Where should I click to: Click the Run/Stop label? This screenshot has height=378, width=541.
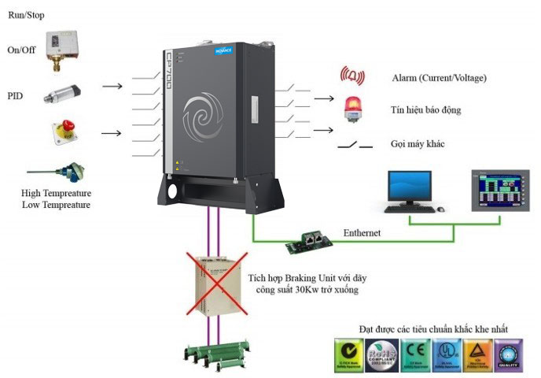[x=27, y=13]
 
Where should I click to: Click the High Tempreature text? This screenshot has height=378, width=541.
[x=57, y=193]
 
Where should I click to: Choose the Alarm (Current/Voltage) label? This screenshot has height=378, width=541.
[x=439, y=78]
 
